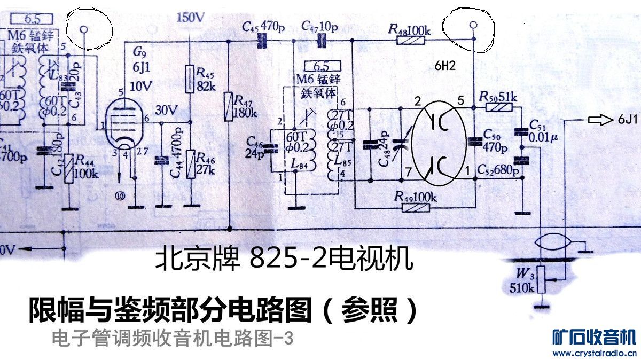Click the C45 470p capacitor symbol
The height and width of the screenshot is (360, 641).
coord(262,40)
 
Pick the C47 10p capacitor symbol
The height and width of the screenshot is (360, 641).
coord(322,40)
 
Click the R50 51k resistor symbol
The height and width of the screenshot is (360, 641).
coord(498,107)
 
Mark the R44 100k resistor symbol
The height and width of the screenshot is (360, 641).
coord(68,169)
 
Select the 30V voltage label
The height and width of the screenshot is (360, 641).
coord(166,111)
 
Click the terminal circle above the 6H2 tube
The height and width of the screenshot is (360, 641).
coord(472,25)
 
